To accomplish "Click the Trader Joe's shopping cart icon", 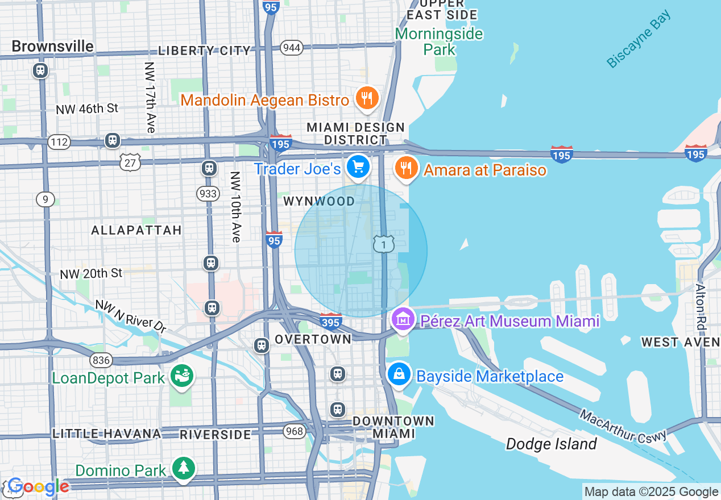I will (x=358, y=167).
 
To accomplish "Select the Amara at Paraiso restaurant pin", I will (x=406, y=168).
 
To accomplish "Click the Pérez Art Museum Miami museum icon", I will (x=403, y=320).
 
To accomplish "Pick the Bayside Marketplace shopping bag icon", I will (x=399, y=374).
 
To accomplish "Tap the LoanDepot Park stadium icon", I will (x=183, y=376).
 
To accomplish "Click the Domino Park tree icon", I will (x=183, y=468).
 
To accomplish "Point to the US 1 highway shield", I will (x=384, y=244).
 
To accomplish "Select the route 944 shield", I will (x=291, y=47).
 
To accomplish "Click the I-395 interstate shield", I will (x=330, y=322).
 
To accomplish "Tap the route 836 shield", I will (x=101, y=360).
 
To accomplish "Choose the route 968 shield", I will (x=295, y=431).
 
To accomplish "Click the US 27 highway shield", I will (x=130, y=163).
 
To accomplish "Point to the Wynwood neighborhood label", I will (x=319, y=201).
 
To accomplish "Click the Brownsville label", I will (x=52, y=46).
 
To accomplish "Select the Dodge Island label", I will (x=551, y=444).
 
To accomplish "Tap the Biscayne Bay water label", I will (x=639, y=40).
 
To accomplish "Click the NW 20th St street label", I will (x=91, y=274).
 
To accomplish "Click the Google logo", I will (x=38, y=486).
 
